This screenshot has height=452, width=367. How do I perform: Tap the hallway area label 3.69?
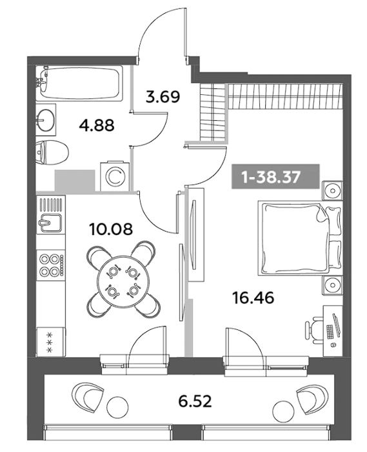pos(163,97)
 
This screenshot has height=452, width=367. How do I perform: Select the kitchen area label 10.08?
pos(111,229)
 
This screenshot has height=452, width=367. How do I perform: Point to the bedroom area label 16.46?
pos(253,298)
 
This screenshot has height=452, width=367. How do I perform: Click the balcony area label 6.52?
pos(195,401)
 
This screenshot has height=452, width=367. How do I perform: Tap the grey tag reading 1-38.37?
pos(275,176)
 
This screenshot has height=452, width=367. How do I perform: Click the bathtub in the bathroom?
pos(79,83)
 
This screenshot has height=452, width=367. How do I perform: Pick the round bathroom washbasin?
pos(46,119)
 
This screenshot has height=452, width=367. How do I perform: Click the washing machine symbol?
pos(115,177)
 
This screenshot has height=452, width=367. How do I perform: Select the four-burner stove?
pos(51,265)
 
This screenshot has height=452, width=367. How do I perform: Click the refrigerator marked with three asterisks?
pos(51,342)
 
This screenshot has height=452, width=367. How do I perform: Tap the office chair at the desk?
pos(313,330)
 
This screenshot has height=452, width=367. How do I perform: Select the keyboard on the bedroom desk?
pos(330,331)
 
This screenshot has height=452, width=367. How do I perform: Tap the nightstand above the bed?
pos(332,190)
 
